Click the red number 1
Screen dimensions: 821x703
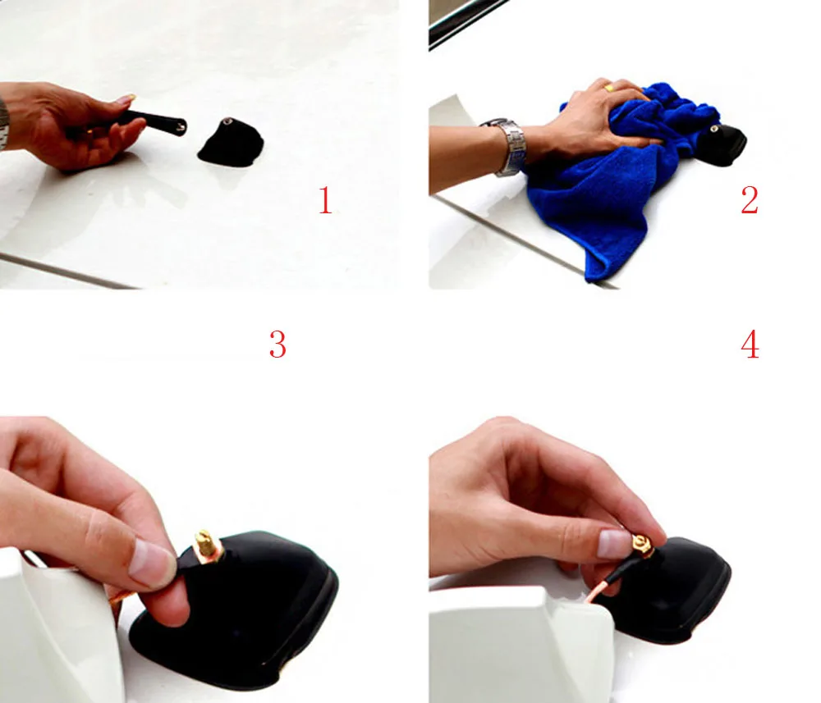(325, 200)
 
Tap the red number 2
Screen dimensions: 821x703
(750, 200)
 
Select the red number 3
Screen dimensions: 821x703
(277, 345)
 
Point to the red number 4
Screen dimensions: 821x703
(750, 345)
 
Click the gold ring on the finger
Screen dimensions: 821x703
(609, 89)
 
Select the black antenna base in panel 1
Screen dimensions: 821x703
(231, 142)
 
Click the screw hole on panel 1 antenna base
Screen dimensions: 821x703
(228, 122)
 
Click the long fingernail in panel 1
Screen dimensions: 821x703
(126, 98)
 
